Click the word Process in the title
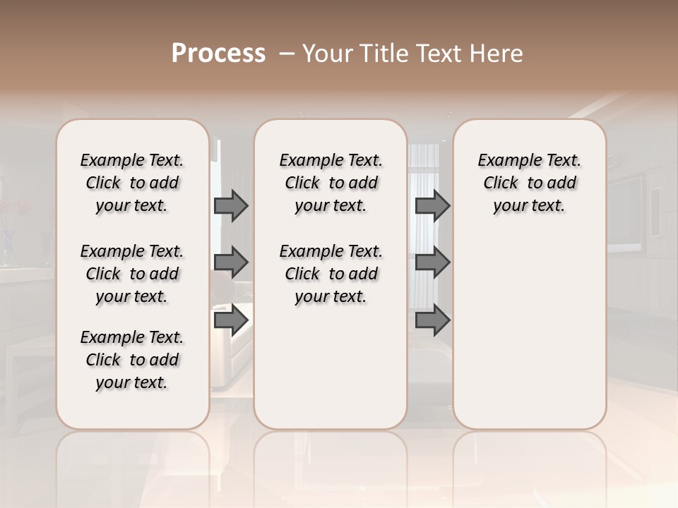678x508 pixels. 218,54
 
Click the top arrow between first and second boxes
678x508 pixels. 231,206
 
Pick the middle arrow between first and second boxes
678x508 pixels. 231,262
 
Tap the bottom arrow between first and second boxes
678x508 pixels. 231,320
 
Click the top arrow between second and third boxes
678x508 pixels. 432,206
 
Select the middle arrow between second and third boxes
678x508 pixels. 432,262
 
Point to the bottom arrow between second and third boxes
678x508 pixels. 432,320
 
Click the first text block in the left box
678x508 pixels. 132,183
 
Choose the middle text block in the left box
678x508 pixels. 132,274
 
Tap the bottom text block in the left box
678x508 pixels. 132,360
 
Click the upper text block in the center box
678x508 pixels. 331,183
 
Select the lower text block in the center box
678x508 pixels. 331,274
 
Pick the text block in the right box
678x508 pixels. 530,183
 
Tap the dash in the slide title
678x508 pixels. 287,54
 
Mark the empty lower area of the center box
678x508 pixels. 331,367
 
